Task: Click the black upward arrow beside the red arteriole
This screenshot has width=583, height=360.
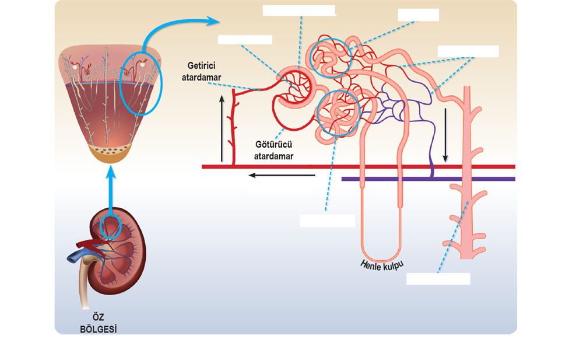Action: coord(222,128)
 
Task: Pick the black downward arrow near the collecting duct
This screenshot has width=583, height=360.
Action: coord(446,134)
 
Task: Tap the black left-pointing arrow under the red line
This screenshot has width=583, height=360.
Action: coord(282,174)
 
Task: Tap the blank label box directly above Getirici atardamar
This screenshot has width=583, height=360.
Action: coord(245,40)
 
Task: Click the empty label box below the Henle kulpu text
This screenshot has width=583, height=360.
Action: coord(438,278)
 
